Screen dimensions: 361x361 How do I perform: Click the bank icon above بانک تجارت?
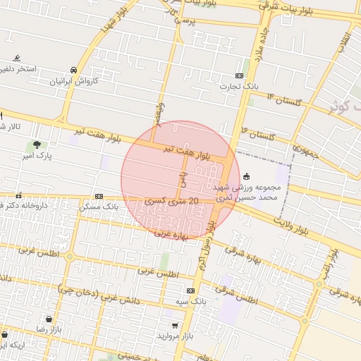[x=240, y=75]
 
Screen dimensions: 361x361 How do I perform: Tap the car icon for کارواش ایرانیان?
[x=74, y=69]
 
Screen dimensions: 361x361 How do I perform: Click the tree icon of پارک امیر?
[x=36, y=145]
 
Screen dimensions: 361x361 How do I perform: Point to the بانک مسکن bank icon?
[x=99, y=197]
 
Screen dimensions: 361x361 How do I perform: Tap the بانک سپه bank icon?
[x=190, y=290]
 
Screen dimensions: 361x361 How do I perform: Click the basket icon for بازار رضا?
[x=49, y=319]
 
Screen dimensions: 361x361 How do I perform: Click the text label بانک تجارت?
[x=240, y=87]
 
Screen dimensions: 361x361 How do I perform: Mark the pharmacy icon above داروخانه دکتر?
[x=18, y=195]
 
